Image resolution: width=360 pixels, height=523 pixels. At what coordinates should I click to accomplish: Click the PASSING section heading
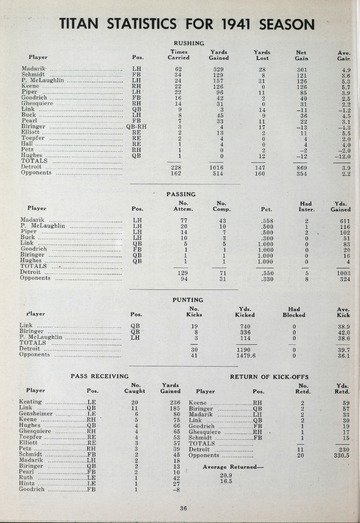click(181, 194)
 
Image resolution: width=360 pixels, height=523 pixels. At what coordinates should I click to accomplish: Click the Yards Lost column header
click(262, 55)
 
